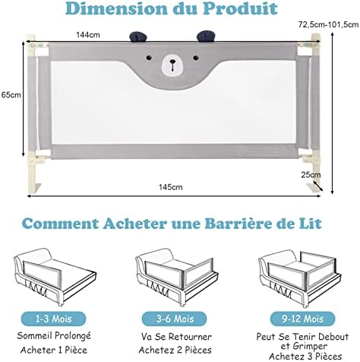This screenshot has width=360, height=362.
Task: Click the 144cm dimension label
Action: (x=88, y=35)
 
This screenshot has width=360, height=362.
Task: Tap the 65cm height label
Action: (x=11, y=95)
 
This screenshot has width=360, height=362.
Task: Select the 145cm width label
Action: (x=171, y=187)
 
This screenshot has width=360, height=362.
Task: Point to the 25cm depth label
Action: (x=311, y=175)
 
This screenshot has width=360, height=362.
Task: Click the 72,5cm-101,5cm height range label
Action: (x=328, y=24)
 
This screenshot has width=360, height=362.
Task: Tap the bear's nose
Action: (x=172, y=62)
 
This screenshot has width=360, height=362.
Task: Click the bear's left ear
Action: (x=138, y=37)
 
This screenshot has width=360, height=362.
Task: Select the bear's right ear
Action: (x=206, y=36)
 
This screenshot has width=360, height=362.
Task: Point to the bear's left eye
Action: (x=149, y=58)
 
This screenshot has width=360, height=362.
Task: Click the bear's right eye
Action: (x=196, y=58)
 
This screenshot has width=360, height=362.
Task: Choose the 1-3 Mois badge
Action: (x=53, y=319)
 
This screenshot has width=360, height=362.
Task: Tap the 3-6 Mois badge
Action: (x=175, y=319)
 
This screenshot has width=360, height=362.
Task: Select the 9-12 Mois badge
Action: (x=302, y=319)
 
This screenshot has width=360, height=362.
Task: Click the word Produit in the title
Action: (x=240, y=8)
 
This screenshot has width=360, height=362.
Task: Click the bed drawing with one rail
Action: (x=55, y=277)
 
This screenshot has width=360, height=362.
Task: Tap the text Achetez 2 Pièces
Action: (x=175, y=350)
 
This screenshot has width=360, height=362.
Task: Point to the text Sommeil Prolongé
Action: (x=54, y=336)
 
